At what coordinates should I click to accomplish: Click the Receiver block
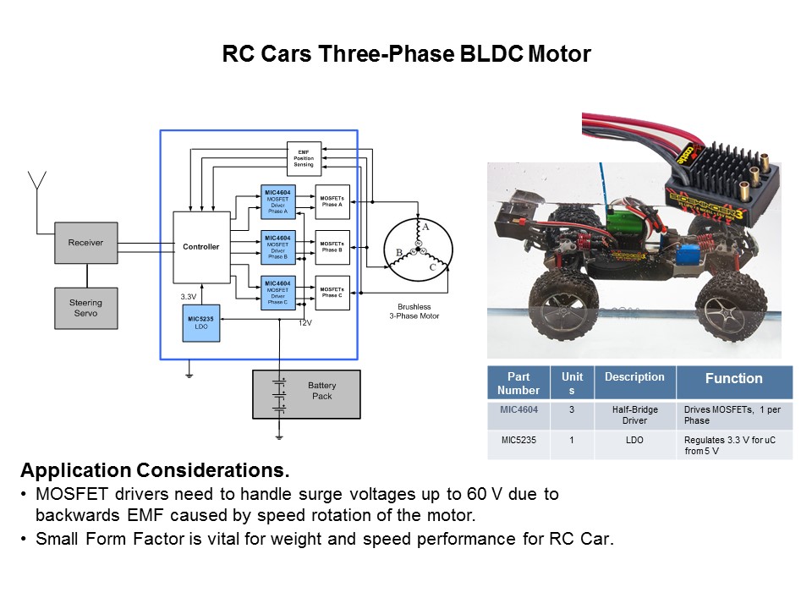[85, 243]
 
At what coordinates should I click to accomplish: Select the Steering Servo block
[85, 308]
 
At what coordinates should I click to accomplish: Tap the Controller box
[201, 247]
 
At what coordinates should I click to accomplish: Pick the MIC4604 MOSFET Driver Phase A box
[277, 201]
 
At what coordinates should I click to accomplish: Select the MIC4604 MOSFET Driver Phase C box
[277, 293]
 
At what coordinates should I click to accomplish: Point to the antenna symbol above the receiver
[36, 182]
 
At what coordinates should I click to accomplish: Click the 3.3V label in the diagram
[189, 297]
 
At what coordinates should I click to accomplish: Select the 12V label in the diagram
[305, 323]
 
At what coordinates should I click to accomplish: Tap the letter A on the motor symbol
[425, 227]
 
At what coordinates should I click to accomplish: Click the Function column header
[733, 379]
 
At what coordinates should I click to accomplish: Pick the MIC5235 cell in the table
[518, 439]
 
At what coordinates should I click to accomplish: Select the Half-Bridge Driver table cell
[634, 414]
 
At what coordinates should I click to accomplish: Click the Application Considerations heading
[155, 470]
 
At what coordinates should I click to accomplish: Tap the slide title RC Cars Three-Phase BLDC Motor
[406, 54]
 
